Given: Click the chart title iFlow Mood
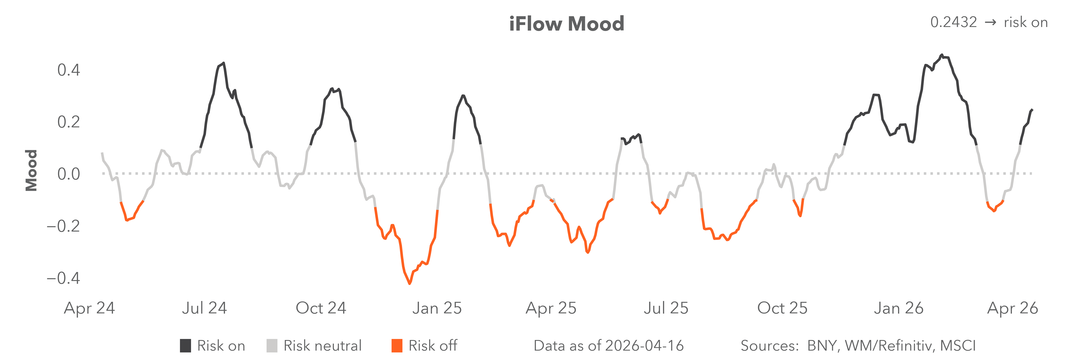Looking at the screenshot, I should coord(566,24).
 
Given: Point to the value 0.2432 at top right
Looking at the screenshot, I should coord(953,22).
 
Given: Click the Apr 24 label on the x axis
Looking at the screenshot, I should coord(89,308).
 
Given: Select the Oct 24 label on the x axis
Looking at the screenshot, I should coord(321,308).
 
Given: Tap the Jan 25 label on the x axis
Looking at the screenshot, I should coord(437,308).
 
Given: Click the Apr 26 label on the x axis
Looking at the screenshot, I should coord(1012,308).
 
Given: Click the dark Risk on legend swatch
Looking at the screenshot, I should coord(185,346).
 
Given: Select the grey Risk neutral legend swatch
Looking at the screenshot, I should coord(272,346).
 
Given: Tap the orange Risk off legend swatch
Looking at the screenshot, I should coord(397,346).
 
